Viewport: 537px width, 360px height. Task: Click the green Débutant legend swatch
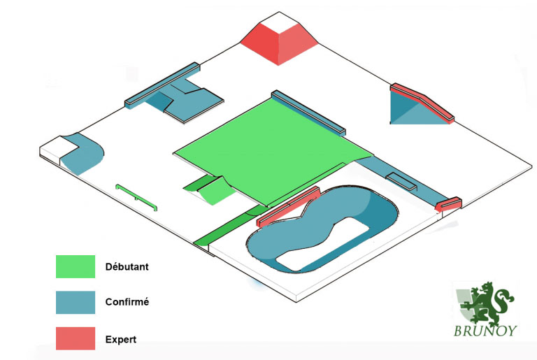[x=76, y=266]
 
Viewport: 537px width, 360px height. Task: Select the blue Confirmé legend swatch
[x=76, y=303]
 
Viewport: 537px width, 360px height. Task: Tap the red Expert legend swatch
[x=76, y=338]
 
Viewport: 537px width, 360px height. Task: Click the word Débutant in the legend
[x=127, y=267]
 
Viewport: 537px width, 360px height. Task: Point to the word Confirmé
[x=127, y=302]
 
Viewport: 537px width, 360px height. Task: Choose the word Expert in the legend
[x=121, y=340]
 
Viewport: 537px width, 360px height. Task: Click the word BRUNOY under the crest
[x=485, y=331]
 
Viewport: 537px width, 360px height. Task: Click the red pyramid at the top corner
[x=279, y=45]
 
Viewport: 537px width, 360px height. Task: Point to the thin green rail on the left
[x=136, y=197]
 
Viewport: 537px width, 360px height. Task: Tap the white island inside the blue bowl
[x=322, y=244]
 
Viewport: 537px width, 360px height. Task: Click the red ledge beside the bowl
[x=288, y=207]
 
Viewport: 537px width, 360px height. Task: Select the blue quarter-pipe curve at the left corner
[x=83, y=154]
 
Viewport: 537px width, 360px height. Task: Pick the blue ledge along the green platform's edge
[x=308, y=113]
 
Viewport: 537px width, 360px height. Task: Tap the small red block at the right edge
[x=448, y=204]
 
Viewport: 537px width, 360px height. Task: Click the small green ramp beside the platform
[x=210, y=190]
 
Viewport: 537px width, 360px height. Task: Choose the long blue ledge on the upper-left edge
[x=162, y=85]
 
